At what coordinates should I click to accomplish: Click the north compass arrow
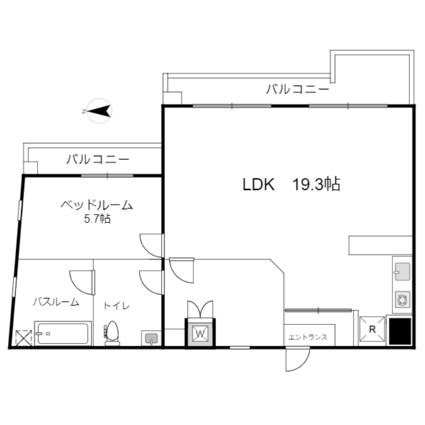99,111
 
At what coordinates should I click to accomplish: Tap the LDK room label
259,185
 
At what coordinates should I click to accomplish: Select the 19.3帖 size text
316,184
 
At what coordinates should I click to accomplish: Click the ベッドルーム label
96,205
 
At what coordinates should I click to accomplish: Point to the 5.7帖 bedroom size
97,219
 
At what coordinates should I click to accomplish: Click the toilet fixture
112,334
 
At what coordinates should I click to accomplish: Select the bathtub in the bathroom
63,334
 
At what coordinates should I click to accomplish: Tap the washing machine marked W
200,333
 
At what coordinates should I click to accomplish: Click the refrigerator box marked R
372,329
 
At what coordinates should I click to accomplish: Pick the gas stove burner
402,300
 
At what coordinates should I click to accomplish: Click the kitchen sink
402,272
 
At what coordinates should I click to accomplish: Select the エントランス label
308,337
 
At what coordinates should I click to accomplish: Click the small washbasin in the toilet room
152,339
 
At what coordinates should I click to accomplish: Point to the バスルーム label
56,302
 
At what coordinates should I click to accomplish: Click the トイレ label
117,306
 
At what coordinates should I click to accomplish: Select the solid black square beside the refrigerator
400,331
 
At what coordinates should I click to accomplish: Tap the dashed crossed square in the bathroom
23,338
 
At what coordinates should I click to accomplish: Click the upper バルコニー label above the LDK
297,89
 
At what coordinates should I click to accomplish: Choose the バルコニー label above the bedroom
98,159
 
